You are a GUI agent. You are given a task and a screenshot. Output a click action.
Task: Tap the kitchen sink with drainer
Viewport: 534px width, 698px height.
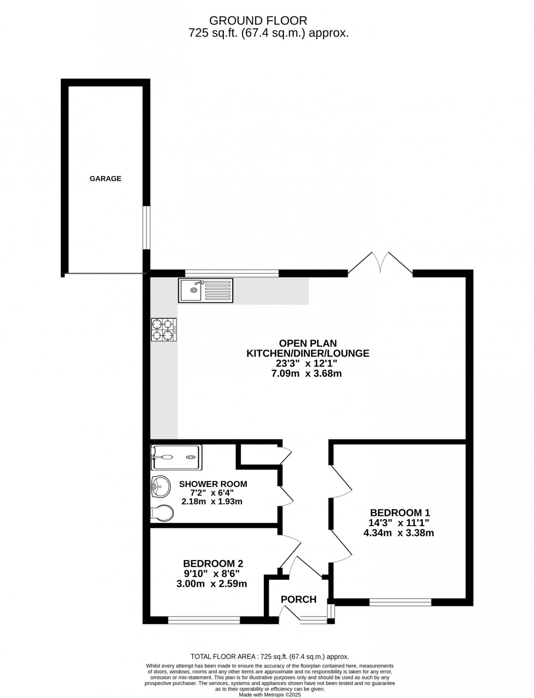pyautogui.click(x=206, y=290)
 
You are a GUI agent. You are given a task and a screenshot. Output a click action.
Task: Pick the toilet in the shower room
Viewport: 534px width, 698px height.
pyautogui.click(x=162, y=513)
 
